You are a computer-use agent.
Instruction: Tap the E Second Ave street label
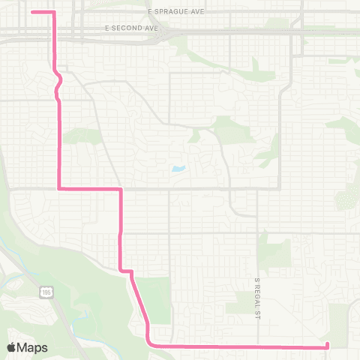(x=131, y=27)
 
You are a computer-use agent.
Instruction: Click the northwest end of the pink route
(x=32, y=12)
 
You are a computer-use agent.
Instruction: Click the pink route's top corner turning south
(x=53, y=13)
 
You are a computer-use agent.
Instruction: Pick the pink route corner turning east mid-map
(x=59, y=188)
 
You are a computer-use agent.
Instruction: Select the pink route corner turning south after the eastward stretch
(x=120, y=189)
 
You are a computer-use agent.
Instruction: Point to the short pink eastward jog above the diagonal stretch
(x=126, y=270)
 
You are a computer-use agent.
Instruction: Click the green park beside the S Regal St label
(x=273, y=251)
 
